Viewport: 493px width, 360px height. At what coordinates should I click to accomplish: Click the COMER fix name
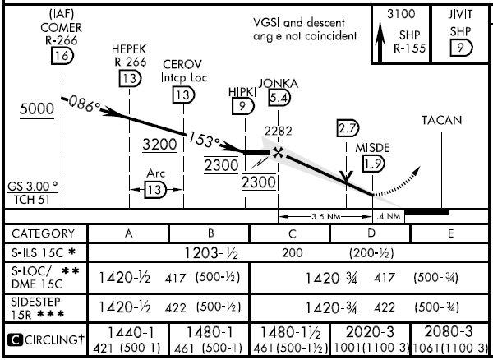(62, 27)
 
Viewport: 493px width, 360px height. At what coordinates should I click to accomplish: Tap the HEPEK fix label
(128, 48)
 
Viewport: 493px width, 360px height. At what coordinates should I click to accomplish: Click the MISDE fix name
(373, 148)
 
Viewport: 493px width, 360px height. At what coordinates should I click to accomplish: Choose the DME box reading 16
(62, 56)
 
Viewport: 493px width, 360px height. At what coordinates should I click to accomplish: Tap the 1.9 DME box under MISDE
(374, 164)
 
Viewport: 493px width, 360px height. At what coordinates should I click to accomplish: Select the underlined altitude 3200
(158, 145)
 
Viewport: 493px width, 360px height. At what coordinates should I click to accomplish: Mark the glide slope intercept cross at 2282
(279, 153)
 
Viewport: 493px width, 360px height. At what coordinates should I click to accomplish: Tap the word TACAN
(442, 120)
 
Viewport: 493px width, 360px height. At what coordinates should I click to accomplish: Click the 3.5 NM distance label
(315, 217)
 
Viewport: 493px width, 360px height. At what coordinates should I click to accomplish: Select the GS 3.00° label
(33, 186)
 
